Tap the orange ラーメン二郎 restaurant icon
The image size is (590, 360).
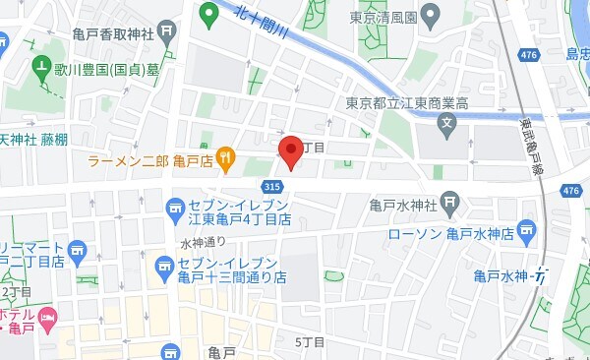[x=225, y=156]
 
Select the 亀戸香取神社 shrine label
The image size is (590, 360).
[x=113, y=33]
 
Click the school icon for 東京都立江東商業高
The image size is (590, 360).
[x=447, y=125]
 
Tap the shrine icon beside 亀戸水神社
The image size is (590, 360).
[x=449, y=205]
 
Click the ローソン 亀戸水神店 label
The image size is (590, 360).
[x=450, y=234]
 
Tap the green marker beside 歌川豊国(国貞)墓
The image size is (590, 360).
[x=41, y=69]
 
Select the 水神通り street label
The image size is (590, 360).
[x=203, y=242]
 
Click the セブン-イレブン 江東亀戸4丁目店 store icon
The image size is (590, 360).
[x=176, y=207]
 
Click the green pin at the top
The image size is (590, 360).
[x=207, y=14]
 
